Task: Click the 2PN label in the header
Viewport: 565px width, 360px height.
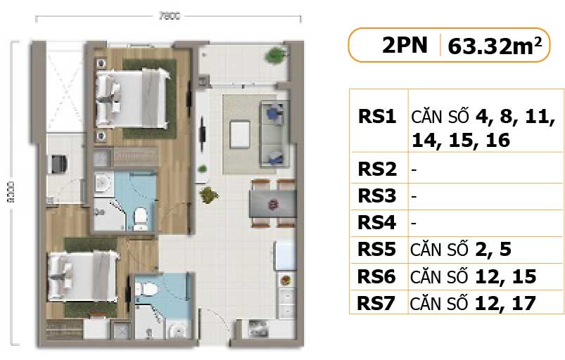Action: pos(405,46)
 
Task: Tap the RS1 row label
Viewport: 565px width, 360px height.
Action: pos(378,116)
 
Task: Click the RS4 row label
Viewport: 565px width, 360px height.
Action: pos(378,223)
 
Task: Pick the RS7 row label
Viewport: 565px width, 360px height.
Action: pos(378,303)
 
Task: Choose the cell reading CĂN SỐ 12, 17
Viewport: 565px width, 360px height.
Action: pos(474,303)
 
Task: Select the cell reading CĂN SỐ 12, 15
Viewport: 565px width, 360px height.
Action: pos(474,277)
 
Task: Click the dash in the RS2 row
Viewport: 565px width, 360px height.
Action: pos(414,169)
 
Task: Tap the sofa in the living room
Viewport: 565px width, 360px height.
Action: pos(274,131)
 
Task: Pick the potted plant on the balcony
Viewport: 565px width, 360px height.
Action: pos(271,57)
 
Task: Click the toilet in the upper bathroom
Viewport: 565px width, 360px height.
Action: pos(141,217)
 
